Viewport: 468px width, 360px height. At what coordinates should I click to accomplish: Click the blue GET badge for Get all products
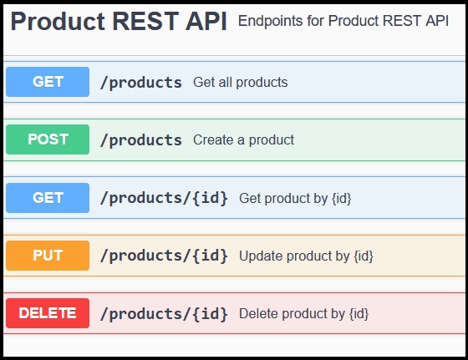point(48,82)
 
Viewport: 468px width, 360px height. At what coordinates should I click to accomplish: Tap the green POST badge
point(48,139)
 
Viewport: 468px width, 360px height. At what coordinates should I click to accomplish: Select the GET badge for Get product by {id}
point(48,198)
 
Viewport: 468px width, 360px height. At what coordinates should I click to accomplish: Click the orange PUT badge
point(48,256)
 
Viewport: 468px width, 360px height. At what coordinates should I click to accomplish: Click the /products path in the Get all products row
point(140,82)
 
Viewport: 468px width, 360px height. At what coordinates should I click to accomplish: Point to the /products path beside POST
point(140,139)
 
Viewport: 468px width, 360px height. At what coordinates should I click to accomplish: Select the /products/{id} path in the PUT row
point(164,256)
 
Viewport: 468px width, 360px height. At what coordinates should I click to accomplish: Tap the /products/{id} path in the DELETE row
point(164,314)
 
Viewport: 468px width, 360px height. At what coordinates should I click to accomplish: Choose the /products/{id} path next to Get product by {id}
point(164,198)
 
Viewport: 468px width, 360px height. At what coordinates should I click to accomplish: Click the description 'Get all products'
point(240,82)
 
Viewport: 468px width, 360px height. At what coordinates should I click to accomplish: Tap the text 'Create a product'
point(243,139)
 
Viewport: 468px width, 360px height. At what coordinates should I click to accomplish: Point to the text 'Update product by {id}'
point(306,256)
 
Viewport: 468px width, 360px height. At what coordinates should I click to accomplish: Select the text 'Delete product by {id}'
point(303,314)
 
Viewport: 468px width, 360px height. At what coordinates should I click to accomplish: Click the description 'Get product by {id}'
point(295,198)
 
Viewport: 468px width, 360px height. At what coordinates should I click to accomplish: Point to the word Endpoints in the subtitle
point(270,20)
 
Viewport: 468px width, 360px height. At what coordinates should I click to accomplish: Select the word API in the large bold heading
point(206,23)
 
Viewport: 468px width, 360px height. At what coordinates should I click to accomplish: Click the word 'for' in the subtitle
point(316,20)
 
